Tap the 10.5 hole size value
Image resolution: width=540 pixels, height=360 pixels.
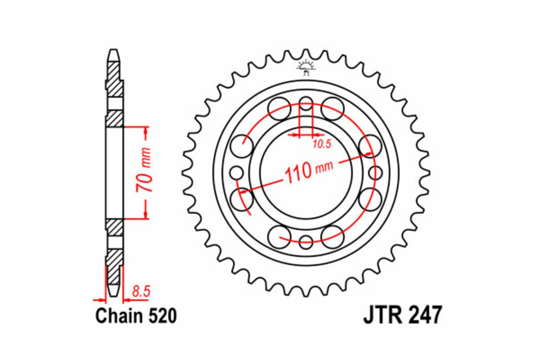click(x=321, y=144)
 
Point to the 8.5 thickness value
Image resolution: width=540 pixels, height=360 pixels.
click(x=140, y=291)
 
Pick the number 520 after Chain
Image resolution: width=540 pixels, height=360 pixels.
click(x=161, y=316)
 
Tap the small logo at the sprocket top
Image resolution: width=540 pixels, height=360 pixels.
click(x=306, y=67)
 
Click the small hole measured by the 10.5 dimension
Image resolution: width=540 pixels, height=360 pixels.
click(x=306, y=103)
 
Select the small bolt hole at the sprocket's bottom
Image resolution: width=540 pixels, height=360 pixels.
click(x=306, y=240)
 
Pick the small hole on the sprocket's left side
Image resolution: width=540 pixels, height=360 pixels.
click(x=237, y=172)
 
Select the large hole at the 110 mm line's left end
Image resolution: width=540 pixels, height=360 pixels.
click(x=241, y=198)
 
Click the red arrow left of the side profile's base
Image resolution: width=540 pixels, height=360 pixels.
click(x=98, y=299)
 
